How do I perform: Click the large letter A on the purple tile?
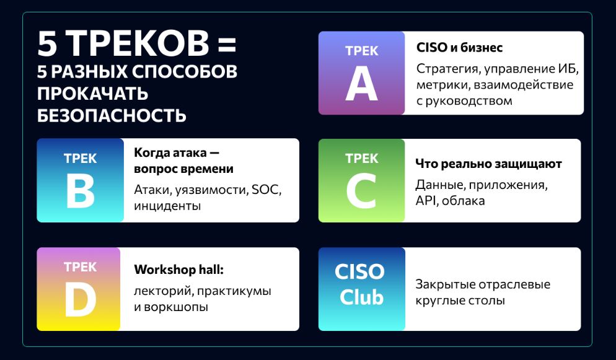pos(361,84)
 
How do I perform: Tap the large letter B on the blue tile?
pos(81,191)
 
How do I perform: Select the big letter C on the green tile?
pos(361,191)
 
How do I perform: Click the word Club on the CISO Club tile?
pos(361,297)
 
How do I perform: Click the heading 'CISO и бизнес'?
pos(459,48)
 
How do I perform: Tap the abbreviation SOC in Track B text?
pos(266,190)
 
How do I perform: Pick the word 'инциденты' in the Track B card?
pos(167,206)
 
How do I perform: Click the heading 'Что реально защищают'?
pos(489,164)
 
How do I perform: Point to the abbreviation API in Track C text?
pos(426,201)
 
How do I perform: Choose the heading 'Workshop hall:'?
pos(178,270)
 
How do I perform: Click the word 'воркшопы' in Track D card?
pos(176,307)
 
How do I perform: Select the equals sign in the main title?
pos(227,43)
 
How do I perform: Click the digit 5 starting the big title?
pos(48,43)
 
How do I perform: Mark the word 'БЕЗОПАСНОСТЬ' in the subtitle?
pos(112,115)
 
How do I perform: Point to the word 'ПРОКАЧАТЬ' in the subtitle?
pos(93,94)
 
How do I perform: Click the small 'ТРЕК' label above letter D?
pos(80,267)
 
